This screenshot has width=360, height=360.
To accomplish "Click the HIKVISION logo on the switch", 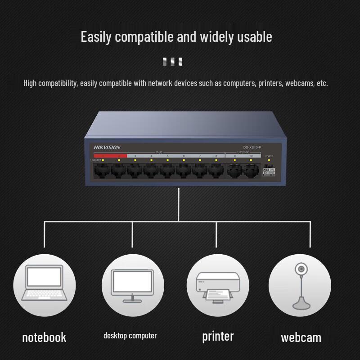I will click(x=107, y=147).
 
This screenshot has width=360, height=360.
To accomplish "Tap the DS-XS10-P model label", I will click(x=252, y=147).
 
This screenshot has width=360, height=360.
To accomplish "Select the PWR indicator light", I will click(x=269, y=160).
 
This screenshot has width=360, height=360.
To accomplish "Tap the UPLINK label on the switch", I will click(x=243, y=152).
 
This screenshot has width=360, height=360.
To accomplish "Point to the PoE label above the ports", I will click(x=159, y=152).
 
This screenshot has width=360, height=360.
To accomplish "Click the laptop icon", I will click(x=44, y=283).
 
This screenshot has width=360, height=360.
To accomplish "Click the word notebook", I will click(x=44, y=337).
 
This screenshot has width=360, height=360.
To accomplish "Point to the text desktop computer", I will click(x=130, y=336).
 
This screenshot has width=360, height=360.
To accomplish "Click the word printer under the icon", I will click(x=218, y=336).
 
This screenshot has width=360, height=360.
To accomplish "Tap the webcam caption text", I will click(x=301, y=337).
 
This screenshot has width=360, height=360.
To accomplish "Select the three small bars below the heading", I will click(x=173, y=62).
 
